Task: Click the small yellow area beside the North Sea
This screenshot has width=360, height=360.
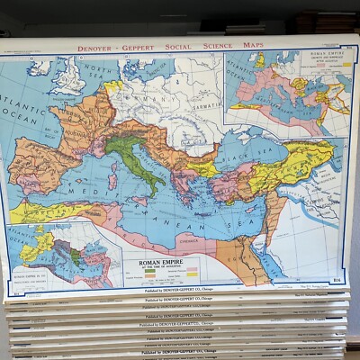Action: tap(114, 87)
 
